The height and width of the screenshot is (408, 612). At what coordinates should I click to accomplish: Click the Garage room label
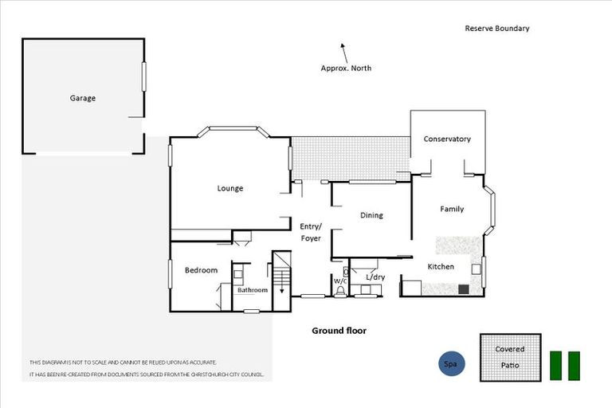click(x=82, y=98)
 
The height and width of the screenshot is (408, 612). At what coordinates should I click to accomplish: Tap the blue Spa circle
click(x=451, y=364)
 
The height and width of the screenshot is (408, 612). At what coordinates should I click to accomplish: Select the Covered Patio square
click(x=510, y=357)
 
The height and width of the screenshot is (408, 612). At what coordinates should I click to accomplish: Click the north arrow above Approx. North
click(x=343, y=53)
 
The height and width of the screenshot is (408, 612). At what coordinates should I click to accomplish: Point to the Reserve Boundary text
click(x=496, y=29)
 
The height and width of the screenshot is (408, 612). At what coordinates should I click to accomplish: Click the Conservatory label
click(x=446, y=139)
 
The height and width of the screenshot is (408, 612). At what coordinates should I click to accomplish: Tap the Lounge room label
click(x=229, y=189)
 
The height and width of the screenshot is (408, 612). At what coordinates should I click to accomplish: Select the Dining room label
click(x=371, y=215)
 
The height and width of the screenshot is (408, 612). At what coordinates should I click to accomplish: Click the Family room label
click(x=452, y=209)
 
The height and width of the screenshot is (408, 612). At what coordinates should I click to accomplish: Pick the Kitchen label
click(x=441, y=266)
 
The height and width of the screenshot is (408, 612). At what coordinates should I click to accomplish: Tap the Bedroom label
click(x=201, y=270)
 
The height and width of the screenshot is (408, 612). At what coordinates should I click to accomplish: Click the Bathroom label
click(x=253, y=290)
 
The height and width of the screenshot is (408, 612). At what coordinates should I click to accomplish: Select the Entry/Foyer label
click(x=310, y=232)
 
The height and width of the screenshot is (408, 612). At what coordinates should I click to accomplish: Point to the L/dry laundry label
click(x=375, y=277)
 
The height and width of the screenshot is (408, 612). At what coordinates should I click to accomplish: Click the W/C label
click(x=340, y=281)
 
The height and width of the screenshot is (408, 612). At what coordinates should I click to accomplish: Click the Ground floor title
click(x=338, y=331)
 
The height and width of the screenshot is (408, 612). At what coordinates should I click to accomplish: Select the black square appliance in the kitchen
click(x=463, y=289)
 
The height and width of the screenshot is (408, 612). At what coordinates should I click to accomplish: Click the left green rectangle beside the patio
click(x=556, y=365)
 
